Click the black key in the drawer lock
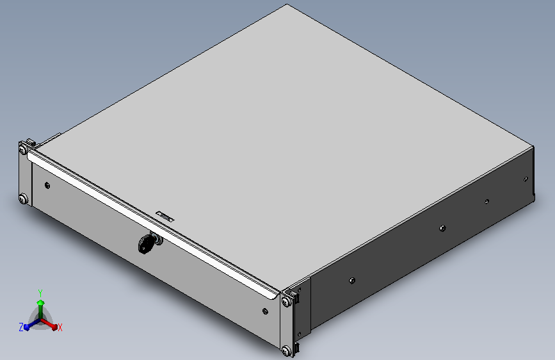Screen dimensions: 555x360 click(x=145, y=245)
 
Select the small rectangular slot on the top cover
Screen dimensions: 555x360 click(x=165, y=216)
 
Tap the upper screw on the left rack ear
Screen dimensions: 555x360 click(x=23, y=149)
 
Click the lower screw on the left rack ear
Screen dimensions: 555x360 click(x=23, y=199)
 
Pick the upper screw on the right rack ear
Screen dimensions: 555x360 click(x=286, y=302)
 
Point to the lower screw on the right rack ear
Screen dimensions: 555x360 click(x=286, y=351)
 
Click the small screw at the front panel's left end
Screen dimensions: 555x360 click(x=47, y=185)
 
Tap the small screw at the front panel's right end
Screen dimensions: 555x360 click(x=265, y=311)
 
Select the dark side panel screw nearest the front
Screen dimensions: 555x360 click(x=352, y=281)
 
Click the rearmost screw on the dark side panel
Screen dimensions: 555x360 click(x=526, y=179)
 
